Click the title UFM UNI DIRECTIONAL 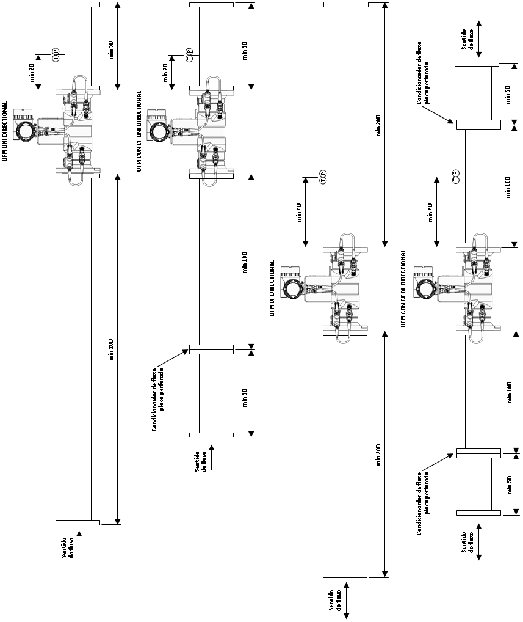(x=5, y=131)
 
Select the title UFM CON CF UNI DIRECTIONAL (x=139, y=131)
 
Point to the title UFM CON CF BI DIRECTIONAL (x=403, y=288)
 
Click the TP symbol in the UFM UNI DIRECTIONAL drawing (x=56, y=54)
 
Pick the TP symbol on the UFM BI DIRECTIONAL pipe (x=323, y=177)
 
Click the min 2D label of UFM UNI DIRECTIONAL (x=32, y=72)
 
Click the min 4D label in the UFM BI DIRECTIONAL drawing (x=299, y=212)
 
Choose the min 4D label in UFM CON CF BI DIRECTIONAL (x=431, y=212)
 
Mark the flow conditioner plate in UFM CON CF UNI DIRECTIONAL (x=212, y=349)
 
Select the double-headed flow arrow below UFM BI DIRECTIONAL (x=346, y=600)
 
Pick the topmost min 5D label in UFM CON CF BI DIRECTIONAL (x=508, y=95)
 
